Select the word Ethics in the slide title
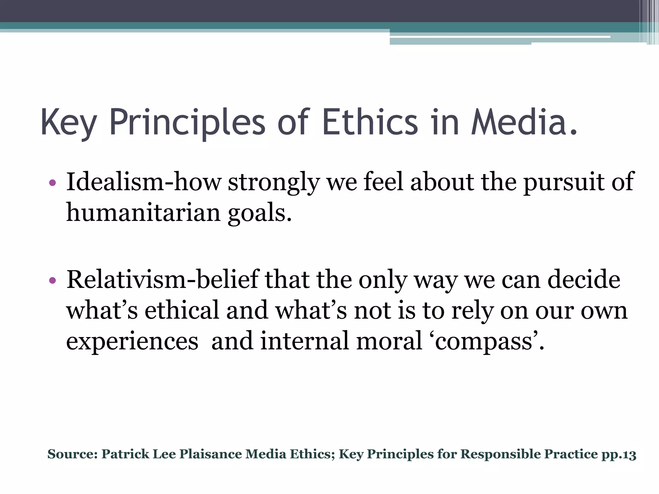pos(370,122)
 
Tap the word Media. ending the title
pos(524,122)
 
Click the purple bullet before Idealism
pos(53,183)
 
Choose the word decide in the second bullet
pos(584,279)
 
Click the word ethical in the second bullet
pos(182,310)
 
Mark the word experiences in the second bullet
pos(132,342)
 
